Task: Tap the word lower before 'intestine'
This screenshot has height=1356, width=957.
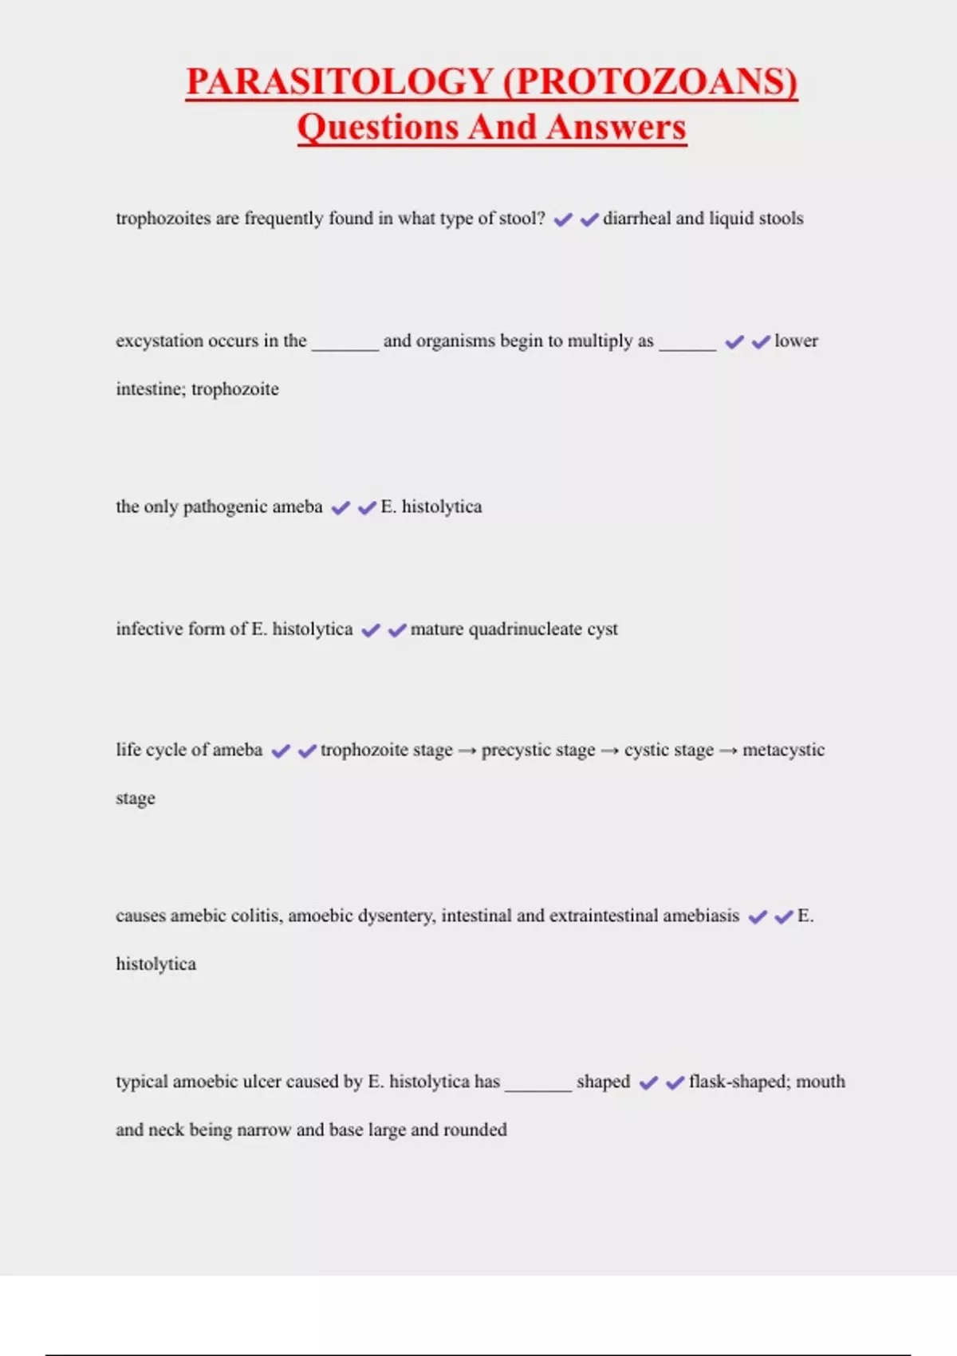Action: (796, 341)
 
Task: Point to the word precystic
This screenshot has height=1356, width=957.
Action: (538, 751)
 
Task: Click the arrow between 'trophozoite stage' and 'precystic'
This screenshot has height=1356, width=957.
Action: (467, 751)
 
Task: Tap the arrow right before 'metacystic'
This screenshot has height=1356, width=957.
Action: (728, 751)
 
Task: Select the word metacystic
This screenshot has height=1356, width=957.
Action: (783, 750)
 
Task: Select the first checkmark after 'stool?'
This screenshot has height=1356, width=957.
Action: (563, 219)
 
